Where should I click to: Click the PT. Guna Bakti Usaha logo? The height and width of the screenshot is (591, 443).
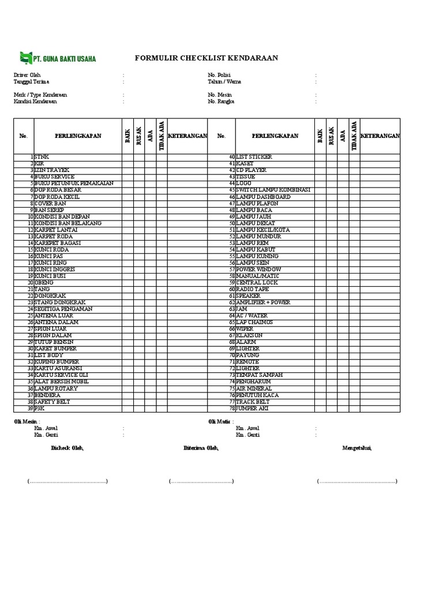point(58,58)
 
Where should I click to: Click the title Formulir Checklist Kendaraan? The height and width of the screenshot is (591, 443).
point(206,58)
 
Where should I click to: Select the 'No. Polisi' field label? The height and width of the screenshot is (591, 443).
point(219,75)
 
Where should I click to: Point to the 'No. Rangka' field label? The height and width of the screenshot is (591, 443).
point(221,101)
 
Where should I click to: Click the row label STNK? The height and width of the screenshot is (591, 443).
point(42,157)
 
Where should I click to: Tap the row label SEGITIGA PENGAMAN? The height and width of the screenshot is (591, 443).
point(63,309)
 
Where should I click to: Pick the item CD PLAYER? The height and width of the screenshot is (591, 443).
point(251,170)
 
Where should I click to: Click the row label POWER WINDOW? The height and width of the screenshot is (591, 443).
point(258,270)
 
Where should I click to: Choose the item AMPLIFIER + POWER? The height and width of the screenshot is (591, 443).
point(263,302)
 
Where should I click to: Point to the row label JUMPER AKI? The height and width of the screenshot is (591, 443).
point(252,409)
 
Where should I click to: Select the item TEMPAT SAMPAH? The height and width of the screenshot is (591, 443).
point(260,375)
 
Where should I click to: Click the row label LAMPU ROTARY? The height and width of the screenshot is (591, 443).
point(56,388)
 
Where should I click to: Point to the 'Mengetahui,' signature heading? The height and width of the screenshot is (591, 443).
point(357,448)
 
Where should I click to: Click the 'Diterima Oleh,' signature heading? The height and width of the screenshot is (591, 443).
point(201,448)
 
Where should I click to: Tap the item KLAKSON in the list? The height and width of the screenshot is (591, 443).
point(249,335)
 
